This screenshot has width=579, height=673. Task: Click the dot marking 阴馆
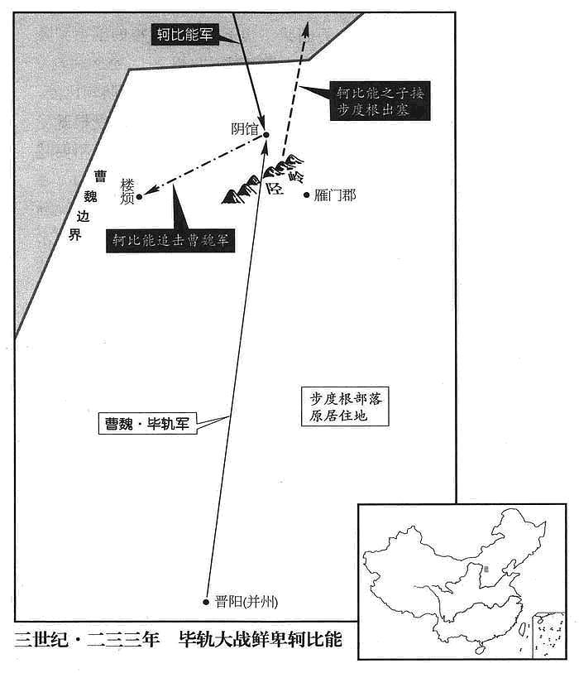(x=266, y=135)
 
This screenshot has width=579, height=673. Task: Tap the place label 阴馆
(x=245, y=129)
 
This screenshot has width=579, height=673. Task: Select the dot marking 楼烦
(x=139, y=197)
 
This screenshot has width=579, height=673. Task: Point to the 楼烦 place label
(x=127, y=191)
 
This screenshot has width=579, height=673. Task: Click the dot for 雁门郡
(x=306, y=195)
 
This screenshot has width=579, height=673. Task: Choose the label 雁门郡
(x=335, y=195)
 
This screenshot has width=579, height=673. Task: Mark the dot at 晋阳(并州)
(x=206, y=602)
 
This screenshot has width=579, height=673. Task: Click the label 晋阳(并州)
(x=246, y=602)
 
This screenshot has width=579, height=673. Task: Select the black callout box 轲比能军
(x=185, y=34)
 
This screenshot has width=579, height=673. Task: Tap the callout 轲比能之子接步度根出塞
(x=380, y=101)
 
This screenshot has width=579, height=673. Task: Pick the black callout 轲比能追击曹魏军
(x=170, y=240)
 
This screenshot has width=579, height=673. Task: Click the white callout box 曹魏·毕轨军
(x=147, y=424)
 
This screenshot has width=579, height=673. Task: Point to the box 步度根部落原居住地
(x=345, y=406)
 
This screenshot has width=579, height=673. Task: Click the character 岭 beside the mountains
(x=296, y=175)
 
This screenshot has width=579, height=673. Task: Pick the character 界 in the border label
(x=75, y=235)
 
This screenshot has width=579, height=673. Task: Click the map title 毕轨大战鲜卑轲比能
(x=261, y=640)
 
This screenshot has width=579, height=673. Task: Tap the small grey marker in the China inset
(x=486, y=570)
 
